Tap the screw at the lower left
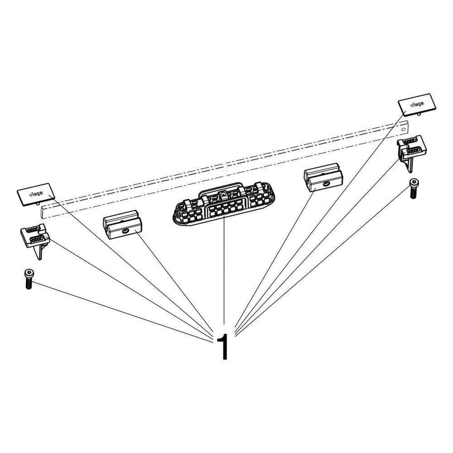pyautogui.click(x=28, y=279)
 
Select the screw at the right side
pyautogui.click(x=414, y=188)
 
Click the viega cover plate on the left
pyautogui.click(x=36, y=194)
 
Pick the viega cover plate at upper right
pyautogui.click(x=417, y=104)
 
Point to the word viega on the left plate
pyautogui.click(x=36, y=193)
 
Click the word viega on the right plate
pyautogui.click(x=417, y=104)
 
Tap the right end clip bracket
pyautogui.click(x=411, y=152)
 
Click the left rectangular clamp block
pyautogui.click(x=122, y=225)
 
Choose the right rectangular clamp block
pyautogui.click(x=323, y=178)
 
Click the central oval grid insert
pyautogui.click(x=224, y=204)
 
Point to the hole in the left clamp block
pyautogui.click(x=125, y=231)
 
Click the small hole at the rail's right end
pyautogui.click(x=404, y=129)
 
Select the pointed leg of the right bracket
pyautogui.click(x=410, y=165)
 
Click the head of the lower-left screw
pyautogui.click(x=28, y=272)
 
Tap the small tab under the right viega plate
pyautogui.click(x=419, y=114)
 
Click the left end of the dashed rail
pyautogui.click(x=43, y=212)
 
